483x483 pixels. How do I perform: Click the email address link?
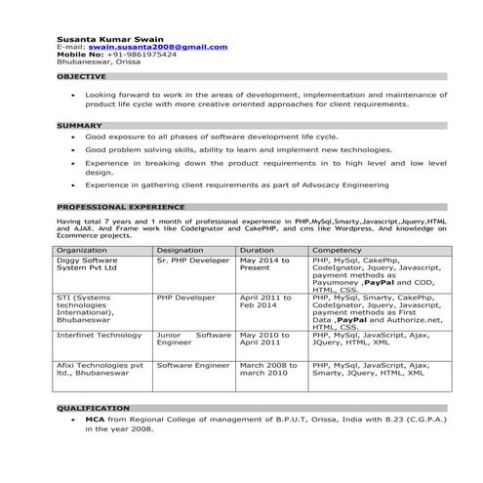point(158,46)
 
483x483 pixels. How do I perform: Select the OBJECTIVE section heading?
point(82,75)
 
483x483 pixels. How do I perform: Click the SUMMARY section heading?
point(79,126)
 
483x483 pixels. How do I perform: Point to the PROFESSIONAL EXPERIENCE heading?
point(120,207)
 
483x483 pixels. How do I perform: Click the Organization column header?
point(82,251)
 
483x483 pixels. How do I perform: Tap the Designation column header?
point(181,251)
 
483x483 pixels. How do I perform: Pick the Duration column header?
point(256,251)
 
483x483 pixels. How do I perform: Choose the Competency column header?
point(339,251)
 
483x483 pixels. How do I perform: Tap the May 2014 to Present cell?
point(264,265)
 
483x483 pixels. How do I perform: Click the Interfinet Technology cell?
point(100,335)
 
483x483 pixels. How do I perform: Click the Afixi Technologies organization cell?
point(100,369)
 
